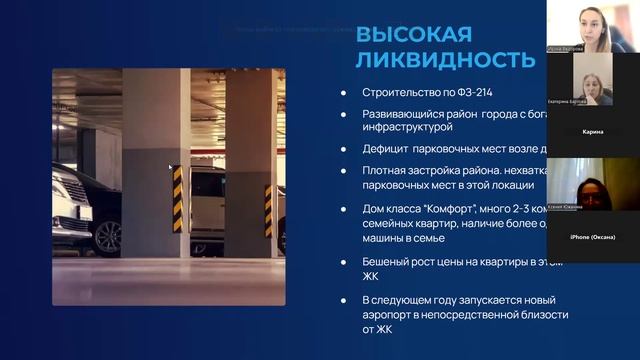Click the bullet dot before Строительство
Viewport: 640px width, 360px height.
click(x=343, y=94)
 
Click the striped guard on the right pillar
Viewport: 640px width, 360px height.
click(x=268, y=210)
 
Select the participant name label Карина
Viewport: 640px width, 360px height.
click(x=593, y=132)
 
